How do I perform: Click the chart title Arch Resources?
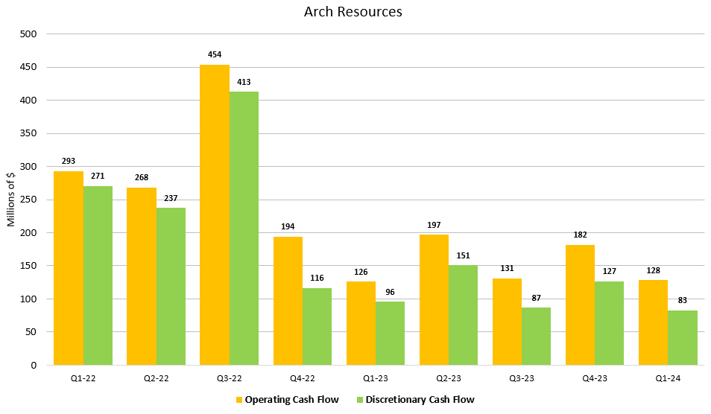[353, 13]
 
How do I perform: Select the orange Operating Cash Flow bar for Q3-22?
[215, 215]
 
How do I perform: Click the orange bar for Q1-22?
[69, 268]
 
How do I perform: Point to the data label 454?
[215, 55]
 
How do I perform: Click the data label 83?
[682, 300]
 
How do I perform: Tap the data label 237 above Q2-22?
[171, 198]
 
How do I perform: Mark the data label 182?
[580, 235]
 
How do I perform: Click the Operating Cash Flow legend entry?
[287, 400]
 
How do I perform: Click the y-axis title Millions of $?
[11, 200]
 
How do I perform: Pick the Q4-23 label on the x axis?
[594, 378]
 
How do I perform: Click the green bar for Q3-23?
[536, 336]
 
